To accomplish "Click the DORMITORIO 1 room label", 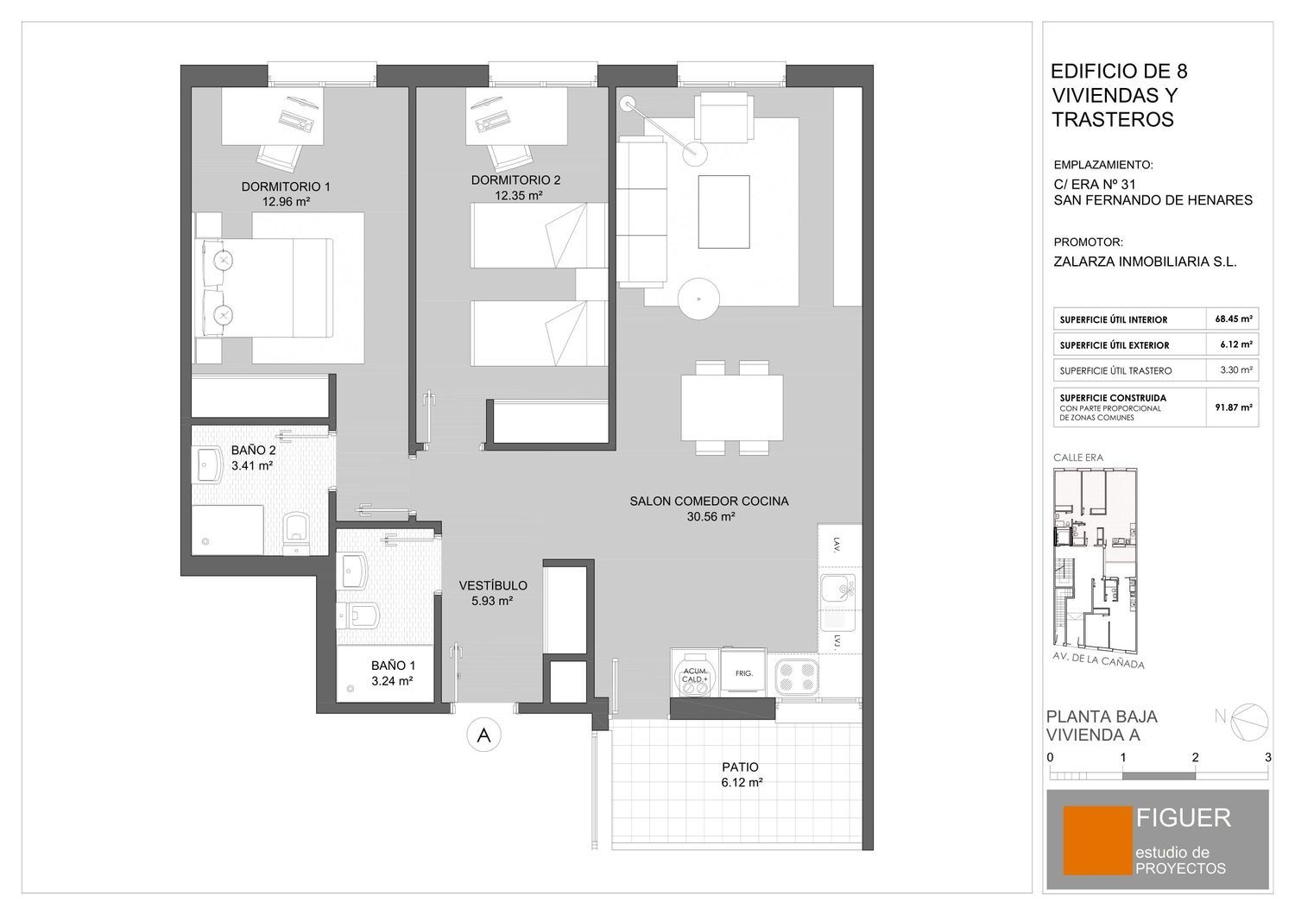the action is click(286, 186).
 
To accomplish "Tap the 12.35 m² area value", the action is click(518, 195).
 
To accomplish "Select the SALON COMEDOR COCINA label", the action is click(709, 502).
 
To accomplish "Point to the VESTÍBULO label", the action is click(493, 585).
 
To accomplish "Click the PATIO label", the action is click(740, 767).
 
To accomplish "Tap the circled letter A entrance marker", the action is click(483, 735).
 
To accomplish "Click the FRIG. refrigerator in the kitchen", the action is click(743, 672).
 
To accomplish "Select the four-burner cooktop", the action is click(797, 678).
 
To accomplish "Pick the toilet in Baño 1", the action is click(358, 615).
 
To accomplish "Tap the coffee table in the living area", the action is click(723, 211).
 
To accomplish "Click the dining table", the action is click(732, 407).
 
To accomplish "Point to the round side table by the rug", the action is click(699, 299).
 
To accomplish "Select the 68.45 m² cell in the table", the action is click(1233, 319).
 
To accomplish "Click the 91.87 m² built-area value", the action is click(1233, 407).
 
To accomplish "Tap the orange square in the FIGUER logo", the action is click(1097, 841).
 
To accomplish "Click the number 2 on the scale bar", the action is click(1195, 757).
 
